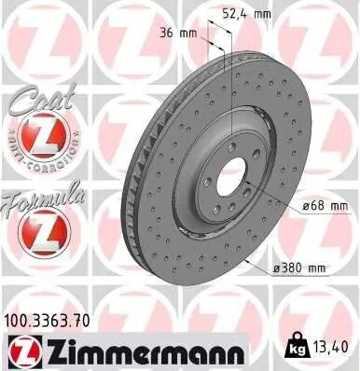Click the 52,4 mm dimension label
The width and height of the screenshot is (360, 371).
245,14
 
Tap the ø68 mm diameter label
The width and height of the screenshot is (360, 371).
324,206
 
